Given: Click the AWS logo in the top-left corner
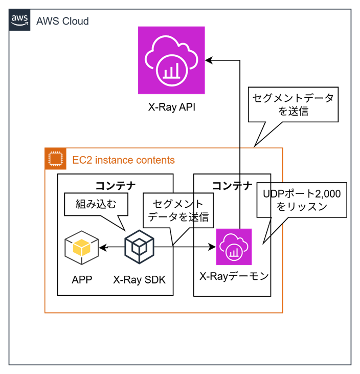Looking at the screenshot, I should [19, 20].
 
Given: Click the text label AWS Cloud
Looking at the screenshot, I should [62, 21].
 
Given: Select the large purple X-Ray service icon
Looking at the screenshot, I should [171, 60].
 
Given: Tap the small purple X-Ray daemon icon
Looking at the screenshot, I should [234, 247].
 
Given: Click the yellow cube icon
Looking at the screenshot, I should [82, 248].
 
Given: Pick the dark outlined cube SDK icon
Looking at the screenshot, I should [139, 248].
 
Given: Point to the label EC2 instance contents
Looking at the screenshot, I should [123, 160].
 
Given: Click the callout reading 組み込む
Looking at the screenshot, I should [96, 204].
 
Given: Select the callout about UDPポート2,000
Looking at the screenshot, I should [302, 200].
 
